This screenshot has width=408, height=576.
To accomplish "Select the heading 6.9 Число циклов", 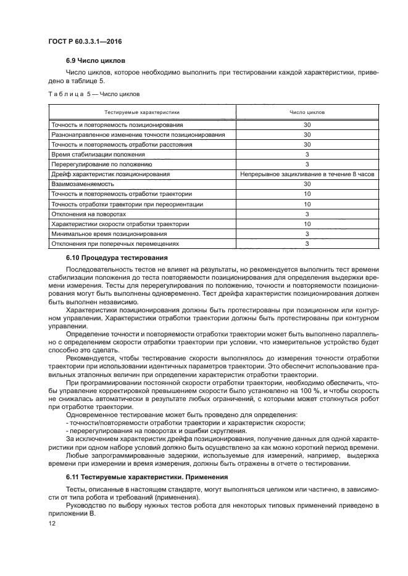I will click(x=95, y=61).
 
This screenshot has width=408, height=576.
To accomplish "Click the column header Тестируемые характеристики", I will click(x=141, y=113).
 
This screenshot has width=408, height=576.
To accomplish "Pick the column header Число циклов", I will click(x=307, y=113).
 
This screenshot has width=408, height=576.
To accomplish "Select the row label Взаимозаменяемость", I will click(x=83, y=184).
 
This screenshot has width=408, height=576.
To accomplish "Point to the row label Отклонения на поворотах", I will click(x=89, y=214).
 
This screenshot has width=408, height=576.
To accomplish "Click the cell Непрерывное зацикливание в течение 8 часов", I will click(x=307, y=174).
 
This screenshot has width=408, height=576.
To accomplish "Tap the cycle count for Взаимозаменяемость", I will click(x=307, y=184).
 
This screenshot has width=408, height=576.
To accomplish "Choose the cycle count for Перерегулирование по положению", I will click(x=307, y=164).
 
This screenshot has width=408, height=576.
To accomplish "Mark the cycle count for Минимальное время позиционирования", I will click(x=307, y=234).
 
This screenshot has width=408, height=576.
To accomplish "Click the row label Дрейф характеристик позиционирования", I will click(x=110, y=174).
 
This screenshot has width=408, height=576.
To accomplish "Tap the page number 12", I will click(x=52, y=522).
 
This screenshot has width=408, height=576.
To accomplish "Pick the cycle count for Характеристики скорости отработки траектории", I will click(x=307, y=224).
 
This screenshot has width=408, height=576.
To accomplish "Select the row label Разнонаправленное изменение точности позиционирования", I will click(x=138, y=134).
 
